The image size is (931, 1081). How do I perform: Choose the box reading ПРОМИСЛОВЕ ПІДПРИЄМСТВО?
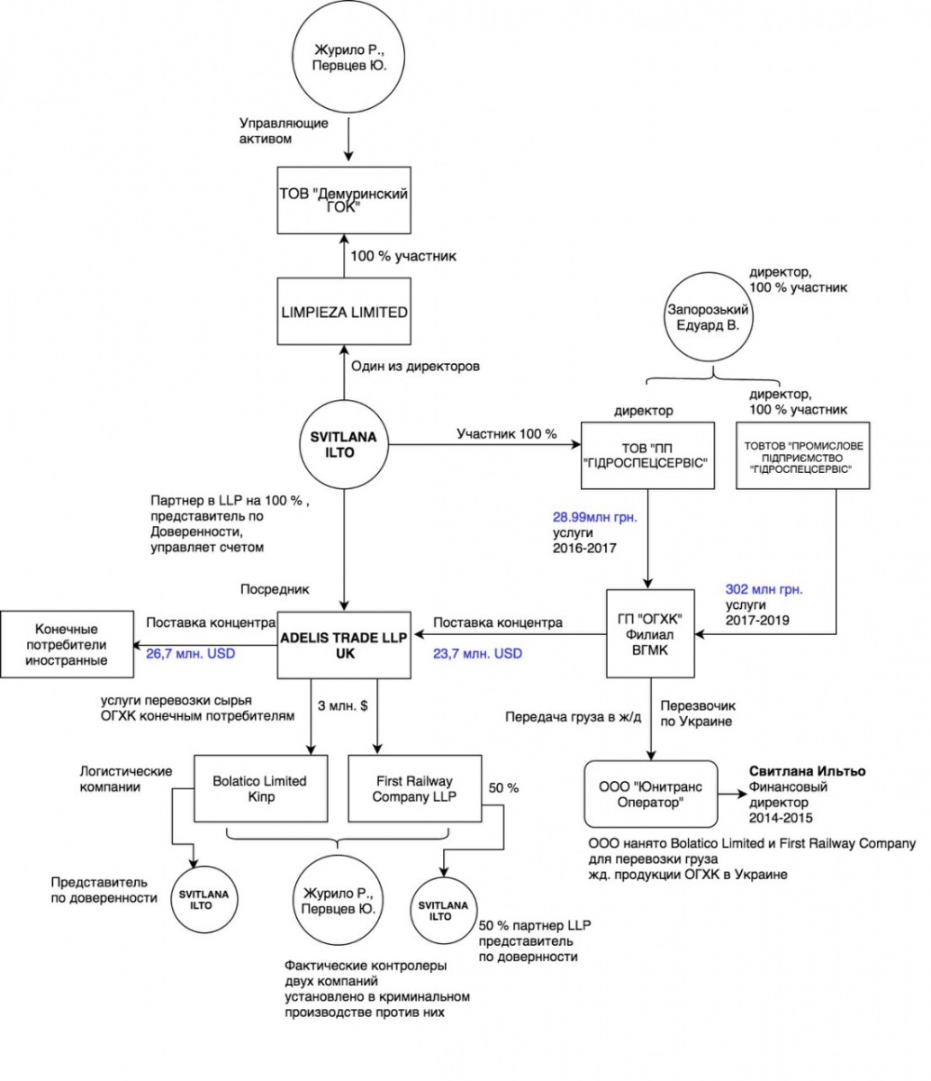[804, 456]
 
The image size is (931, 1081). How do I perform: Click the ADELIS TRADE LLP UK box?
[344, 645]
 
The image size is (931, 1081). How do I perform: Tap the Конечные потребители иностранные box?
[66, 644]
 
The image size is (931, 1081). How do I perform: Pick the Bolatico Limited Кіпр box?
[259, 788]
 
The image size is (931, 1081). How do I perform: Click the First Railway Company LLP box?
[413, 788]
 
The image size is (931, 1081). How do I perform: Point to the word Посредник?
[275, 589]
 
